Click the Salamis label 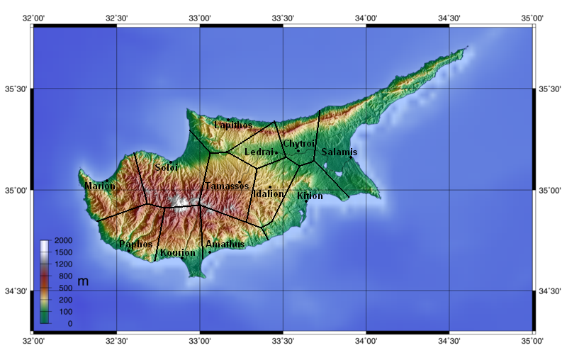(x=339, y=152)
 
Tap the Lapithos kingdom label (x=233, y=125)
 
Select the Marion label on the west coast (x=99, y=186)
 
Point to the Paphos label (x=136, y=244)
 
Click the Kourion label (x=177, y=253)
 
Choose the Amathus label (x=225, y=244)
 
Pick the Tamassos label (x=227, y=186)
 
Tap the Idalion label (x=269, y=193)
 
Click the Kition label (x=310, y=196)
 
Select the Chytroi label (x=298, y=144)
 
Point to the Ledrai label (x=259, y=152)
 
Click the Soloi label (x=167, y=168)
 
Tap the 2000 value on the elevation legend (x=64, y=243)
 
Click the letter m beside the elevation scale (x=83, y=282)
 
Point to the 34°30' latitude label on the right (x=551, y=291)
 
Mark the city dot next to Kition (x=306, y=201)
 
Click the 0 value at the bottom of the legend (x=69, y=323)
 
